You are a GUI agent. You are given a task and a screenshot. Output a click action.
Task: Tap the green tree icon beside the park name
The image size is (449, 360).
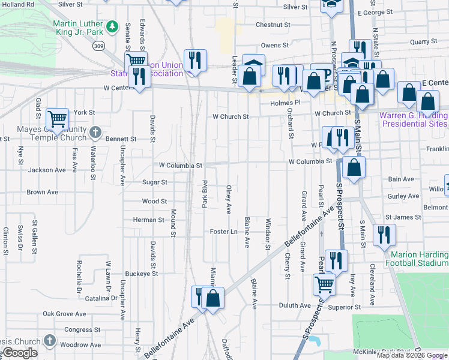(x=112, y=26)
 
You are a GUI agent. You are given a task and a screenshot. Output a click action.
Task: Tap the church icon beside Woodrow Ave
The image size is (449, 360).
(x=50, y=341)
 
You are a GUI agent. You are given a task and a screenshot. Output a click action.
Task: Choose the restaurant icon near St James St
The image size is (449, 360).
(x=384, y=235)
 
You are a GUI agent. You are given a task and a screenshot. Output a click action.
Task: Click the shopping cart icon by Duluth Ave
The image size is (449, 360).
(x=324, y=283)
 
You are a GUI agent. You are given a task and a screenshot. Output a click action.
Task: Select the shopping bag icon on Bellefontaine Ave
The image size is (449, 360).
(x=213, y=298)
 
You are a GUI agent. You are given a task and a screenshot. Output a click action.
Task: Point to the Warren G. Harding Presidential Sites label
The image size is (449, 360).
(x=414, y=119)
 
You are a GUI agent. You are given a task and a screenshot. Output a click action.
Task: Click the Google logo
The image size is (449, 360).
(x=19, y=353)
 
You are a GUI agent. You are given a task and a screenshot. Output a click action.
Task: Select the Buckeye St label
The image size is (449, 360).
(x=142, y=273)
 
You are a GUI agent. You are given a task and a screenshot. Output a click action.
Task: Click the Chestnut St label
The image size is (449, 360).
(x=273, y=25)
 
